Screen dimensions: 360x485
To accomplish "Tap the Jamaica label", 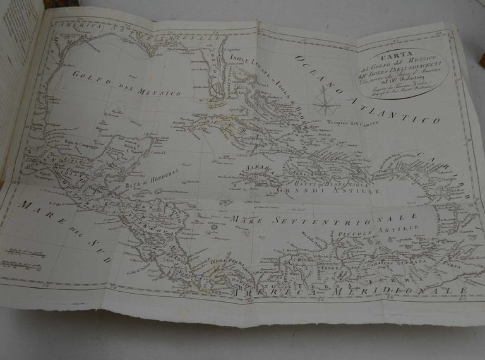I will [260, 169].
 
